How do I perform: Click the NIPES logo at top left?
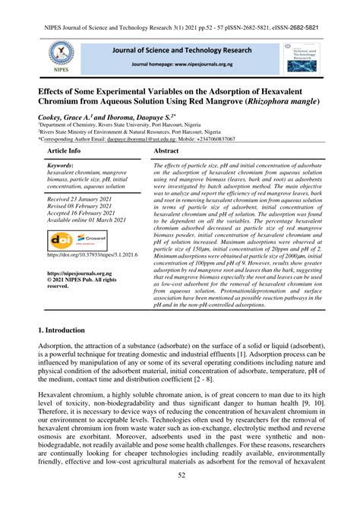58,55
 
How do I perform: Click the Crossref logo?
94,239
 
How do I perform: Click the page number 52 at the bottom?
180,496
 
